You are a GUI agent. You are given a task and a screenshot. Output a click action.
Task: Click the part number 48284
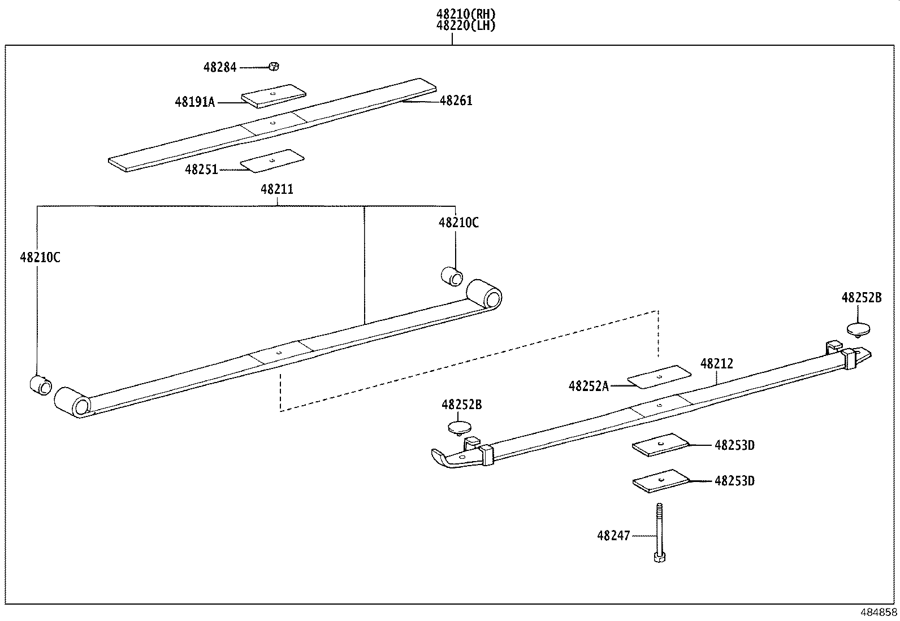point(220,67)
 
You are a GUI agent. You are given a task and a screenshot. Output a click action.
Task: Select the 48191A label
point(195,102)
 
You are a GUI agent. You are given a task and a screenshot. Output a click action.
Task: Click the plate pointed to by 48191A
point(273,95)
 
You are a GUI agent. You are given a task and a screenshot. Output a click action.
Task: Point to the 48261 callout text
point(456,101)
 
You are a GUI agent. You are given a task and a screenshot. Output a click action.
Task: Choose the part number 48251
point(201,169)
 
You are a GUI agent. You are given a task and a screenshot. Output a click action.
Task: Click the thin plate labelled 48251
point(272,160)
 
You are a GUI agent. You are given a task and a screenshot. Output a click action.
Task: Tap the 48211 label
point(276,189)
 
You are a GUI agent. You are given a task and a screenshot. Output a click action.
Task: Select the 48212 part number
point(716,364)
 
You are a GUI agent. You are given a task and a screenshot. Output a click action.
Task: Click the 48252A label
point(589,386)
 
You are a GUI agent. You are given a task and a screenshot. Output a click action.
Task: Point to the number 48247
point(613,535)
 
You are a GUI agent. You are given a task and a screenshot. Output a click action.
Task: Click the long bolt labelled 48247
point(659,528)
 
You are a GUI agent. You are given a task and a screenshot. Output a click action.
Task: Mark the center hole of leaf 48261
point(272,121)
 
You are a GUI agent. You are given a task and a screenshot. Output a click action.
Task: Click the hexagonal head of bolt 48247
point(659,557)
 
